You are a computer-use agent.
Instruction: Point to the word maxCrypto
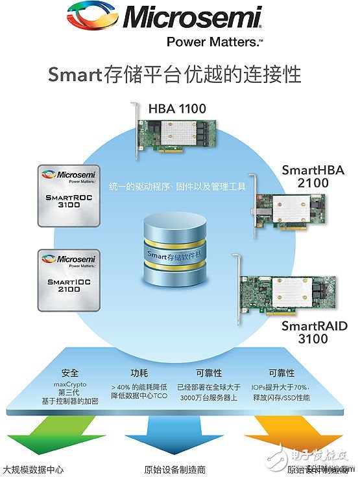pyautogui.click(x=69, y=384)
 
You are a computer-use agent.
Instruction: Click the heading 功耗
pyautogui.click(x=139, y=373)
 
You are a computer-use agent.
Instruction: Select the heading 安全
pyautogui.click(x=70, y=373)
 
